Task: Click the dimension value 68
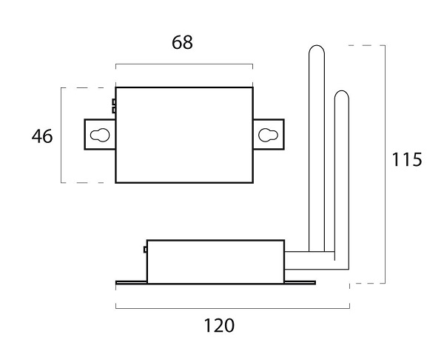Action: coord(182,43)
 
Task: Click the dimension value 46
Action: coord(42,136)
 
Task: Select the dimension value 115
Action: coord(407,159)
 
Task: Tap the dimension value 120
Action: coord(219,325)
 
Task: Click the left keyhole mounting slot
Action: coord(101,134)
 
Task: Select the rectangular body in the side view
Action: coord(215,261)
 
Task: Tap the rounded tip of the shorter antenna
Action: coord(341,94)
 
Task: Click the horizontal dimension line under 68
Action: coord(184,64)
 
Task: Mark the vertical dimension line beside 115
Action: coord(386,163)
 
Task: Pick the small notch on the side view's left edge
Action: coord(145,250)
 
